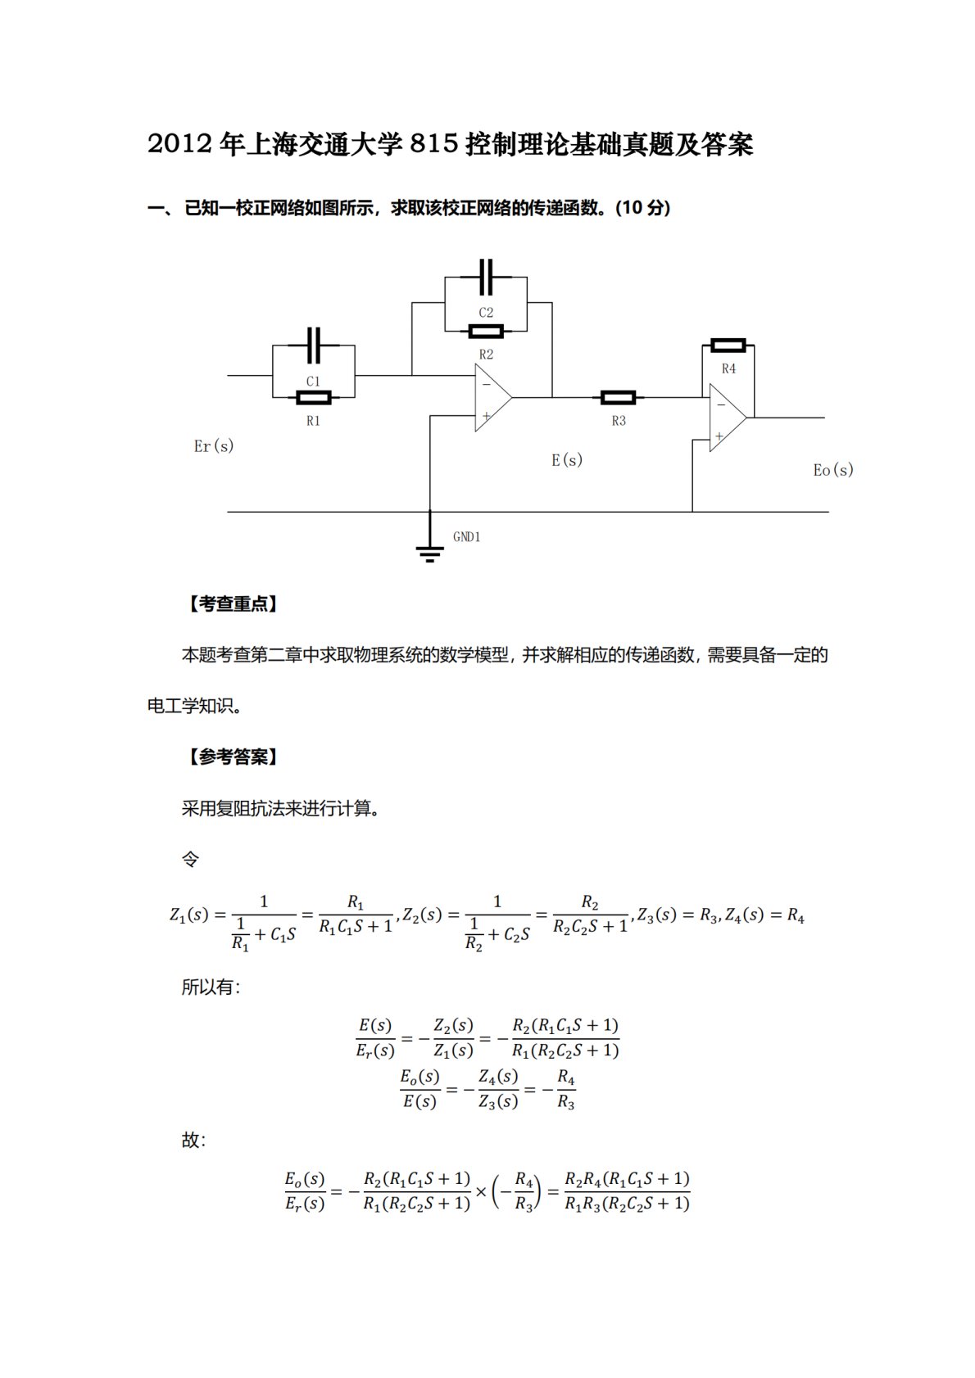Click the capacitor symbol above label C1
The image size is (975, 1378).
tap(313, 346)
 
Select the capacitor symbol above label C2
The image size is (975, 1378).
tap(486, 278)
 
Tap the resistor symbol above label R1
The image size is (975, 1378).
tap(313, 398)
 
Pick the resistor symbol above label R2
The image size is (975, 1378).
tap(486, 332)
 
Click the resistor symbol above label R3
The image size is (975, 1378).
tap(618, 398)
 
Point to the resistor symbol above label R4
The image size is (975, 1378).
tap(728, 346)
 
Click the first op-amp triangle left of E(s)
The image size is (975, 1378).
tap(492, 398)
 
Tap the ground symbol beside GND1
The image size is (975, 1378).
tap(429, 550)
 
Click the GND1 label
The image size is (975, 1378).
tap(466, 537)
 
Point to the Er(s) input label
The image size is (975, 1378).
tap(214, 446)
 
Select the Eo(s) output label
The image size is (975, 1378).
tap(833, 470)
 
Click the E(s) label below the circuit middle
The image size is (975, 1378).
tap(567, 460)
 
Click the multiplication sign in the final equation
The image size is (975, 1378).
tap(481, 1191)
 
